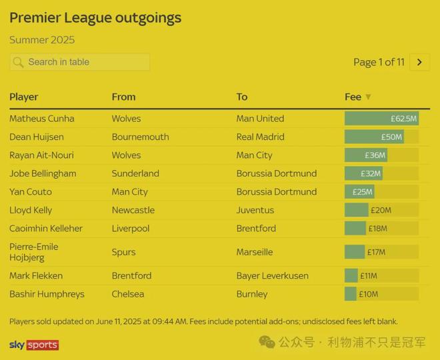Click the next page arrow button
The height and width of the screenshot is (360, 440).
pos(419,62)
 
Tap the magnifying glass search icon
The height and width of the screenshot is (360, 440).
pos(18,62)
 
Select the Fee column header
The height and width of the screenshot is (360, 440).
pos(353,97)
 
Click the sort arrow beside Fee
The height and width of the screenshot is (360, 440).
pos(368,97)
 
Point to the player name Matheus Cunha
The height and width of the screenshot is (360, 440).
pos(42,119)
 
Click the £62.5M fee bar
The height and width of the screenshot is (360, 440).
pos(381,119)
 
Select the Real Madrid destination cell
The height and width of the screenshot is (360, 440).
pos(260,137)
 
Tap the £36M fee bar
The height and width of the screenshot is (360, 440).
pos(366,155)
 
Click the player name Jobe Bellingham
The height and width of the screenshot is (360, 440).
pos(43,173)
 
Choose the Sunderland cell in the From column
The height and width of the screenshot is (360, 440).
pos(135,173)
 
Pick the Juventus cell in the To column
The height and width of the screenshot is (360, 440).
pos(255,210)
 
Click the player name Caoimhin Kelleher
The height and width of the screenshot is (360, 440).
pos(46,228)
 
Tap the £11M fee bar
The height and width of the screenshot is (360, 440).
pos(351,275)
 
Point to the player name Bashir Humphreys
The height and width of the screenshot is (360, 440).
pos(47,294)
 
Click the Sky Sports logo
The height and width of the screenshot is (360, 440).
pos(34,345)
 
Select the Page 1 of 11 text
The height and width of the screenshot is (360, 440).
pos(379,62)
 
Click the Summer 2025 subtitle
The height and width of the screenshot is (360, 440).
pos(42,40)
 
